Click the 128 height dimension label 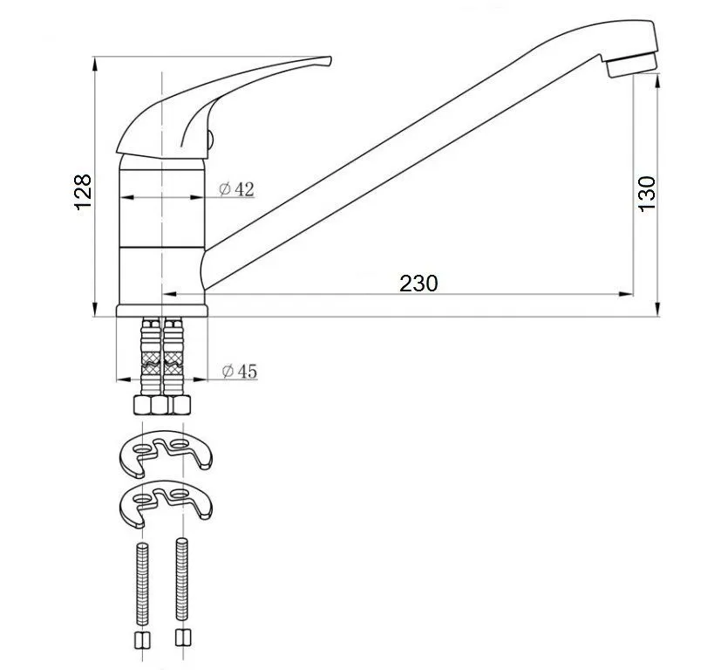point(83,192)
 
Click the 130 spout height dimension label point(647,194)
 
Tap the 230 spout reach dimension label point(418,284)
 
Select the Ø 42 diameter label point(236,188)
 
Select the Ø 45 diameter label point(240,371)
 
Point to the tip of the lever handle point(330,60)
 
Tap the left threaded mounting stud point(143,583)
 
